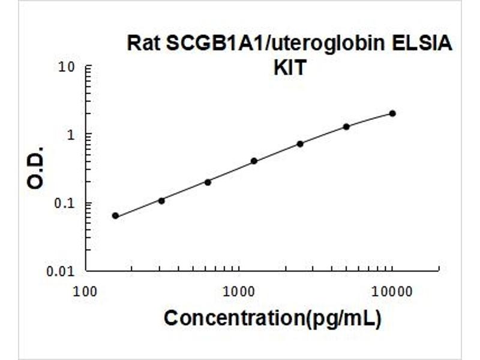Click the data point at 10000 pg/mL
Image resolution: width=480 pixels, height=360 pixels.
coord(392,113)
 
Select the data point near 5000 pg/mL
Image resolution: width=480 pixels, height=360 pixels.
coord(346,127)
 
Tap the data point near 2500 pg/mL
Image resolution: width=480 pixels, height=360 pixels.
coord(300,143)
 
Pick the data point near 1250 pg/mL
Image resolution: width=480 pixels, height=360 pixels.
coord(254,161)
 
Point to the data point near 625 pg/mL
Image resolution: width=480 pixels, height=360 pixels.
coord(208,182)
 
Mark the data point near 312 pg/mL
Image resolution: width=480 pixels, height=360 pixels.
coord(161,200)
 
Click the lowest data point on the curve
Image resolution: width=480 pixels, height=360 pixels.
coord(115,215)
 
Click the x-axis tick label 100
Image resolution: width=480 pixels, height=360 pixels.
coord(85,292)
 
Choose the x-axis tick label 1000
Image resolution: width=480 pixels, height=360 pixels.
coord(239,292)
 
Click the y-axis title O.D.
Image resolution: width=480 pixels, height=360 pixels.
coord(35,167)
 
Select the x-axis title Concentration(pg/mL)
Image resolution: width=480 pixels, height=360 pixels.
coord(272,319)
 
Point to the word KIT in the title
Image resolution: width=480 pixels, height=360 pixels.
coord(290,68)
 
